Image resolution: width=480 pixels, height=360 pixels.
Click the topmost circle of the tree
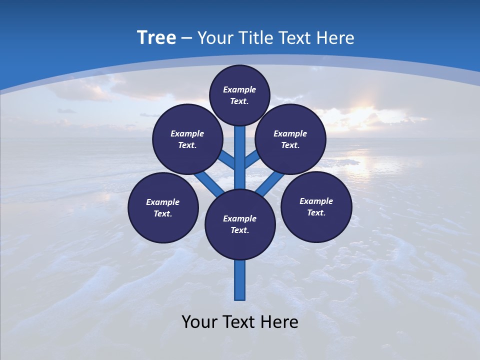click(x=239, y=95)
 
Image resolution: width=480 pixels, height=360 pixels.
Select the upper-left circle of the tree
click(x=187, y=139)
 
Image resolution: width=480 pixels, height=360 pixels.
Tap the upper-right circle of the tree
click(x=290, y=139)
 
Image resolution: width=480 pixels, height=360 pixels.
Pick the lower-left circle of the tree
click(x=163, y=207)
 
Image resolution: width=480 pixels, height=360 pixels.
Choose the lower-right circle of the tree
click(x=316, y=206)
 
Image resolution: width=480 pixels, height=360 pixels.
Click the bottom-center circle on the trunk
click(x=240, y=224)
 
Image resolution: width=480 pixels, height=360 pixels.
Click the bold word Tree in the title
click(x=156, y=37)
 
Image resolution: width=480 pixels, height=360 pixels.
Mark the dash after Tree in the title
click(x=186, y=37)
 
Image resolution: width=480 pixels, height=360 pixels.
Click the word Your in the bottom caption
click(x=199, y=322)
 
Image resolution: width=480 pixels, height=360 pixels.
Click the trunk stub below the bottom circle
click(x=240, y=280)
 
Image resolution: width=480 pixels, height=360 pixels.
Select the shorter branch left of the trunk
click(x=228, y=159)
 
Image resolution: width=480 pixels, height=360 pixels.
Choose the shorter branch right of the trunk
click(x=251, y=159)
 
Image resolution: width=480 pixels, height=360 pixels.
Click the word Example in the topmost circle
click(x=239, y=89)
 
